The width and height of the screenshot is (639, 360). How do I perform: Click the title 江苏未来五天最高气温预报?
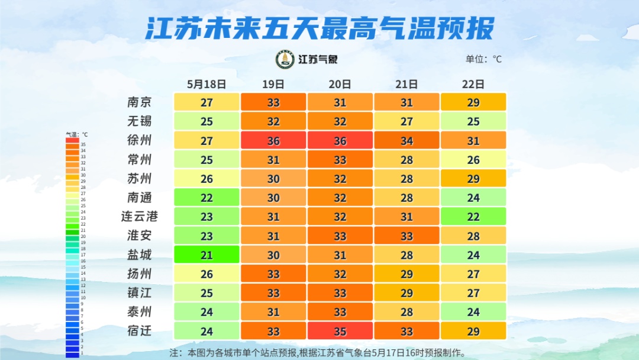coord(319,27)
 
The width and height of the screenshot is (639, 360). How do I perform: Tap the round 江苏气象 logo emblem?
coord(285,59)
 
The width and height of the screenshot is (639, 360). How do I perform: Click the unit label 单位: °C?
coord(483,59)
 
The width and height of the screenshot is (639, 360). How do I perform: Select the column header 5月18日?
coord(206,84)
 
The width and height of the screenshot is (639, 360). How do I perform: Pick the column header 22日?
coord(473,84)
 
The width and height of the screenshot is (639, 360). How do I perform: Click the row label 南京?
coord(140,102)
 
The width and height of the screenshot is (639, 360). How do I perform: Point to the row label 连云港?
coord(140,216)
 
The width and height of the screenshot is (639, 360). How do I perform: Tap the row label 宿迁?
coord(140,330)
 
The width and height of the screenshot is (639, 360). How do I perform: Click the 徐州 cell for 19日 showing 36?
coord(273,140)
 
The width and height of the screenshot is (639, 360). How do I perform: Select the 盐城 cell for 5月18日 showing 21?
coord(206,255)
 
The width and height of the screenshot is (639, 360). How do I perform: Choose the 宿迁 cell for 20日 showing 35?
coord(340,330)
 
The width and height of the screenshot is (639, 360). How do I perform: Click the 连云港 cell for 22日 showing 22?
coord(473,216)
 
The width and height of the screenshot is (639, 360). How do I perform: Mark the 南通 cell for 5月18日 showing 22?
coord(206,197)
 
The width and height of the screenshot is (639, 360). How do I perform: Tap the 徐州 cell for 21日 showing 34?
coord(406,140)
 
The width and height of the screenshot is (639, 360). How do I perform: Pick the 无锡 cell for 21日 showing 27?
coord(406,121)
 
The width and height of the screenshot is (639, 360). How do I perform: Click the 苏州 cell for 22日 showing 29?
coord(473,178)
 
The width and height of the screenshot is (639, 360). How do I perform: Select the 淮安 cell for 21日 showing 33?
coord(406,236)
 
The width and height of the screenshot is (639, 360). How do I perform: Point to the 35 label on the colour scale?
coord(83,144)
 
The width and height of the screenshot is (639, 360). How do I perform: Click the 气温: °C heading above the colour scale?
coord(76,134)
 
